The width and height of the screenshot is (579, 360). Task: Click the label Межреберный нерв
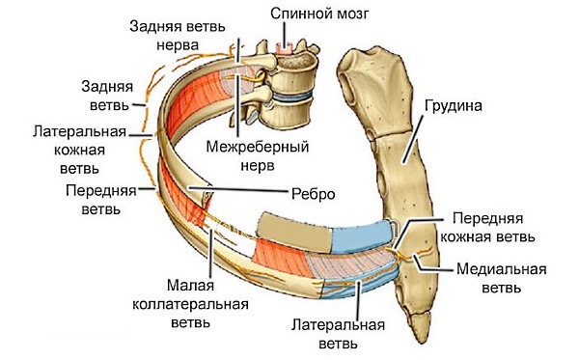(x=250, y=158)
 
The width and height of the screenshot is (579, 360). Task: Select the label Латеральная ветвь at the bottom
(x=333, y=332)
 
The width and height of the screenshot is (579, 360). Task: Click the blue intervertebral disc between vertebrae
(x=290, y=97)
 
